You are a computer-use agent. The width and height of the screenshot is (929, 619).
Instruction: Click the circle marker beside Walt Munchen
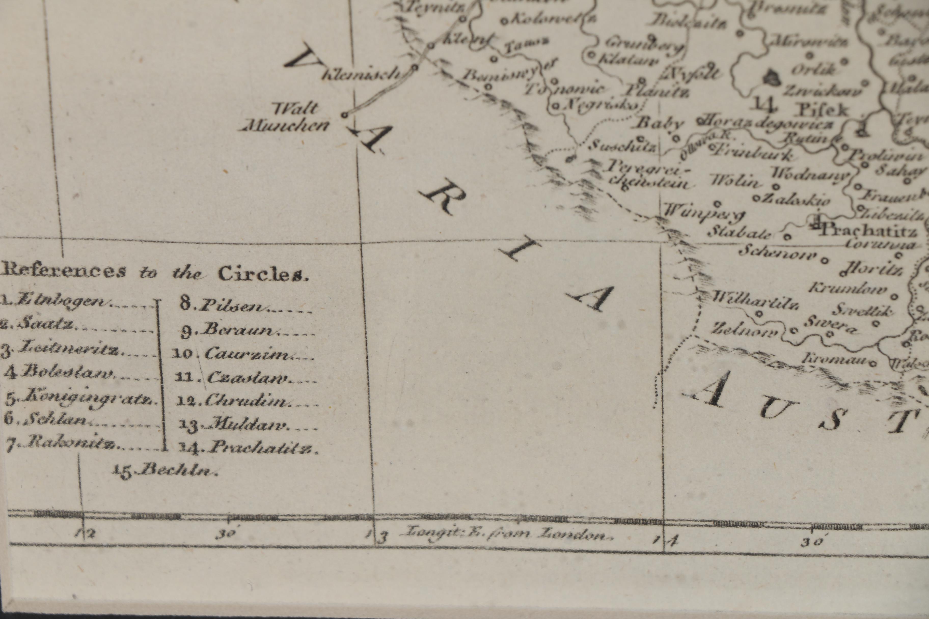[344, 115]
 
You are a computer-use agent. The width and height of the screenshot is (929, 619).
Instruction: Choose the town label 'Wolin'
[735, 181]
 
